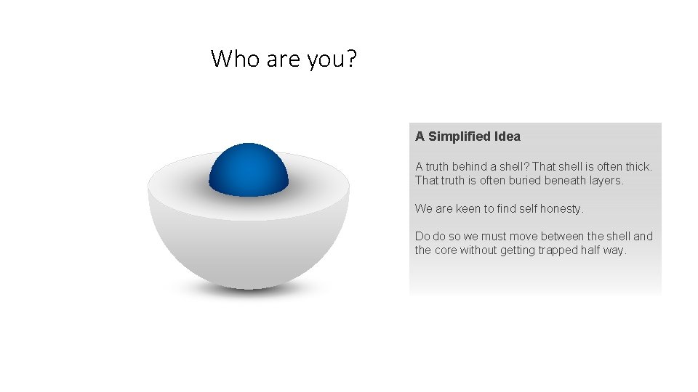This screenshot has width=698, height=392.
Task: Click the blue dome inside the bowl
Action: pos(249,170)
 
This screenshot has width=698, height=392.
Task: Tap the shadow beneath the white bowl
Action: pos(249,290)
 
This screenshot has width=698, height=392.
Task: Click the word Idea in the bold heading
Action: pos(507,136)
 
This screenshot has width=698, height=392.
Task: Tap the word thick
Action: pos(638,166)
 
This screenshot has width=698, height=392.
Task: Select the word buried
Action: pos(516,180)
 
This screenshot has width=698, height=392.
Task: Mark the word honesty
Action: pos(560,208)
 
